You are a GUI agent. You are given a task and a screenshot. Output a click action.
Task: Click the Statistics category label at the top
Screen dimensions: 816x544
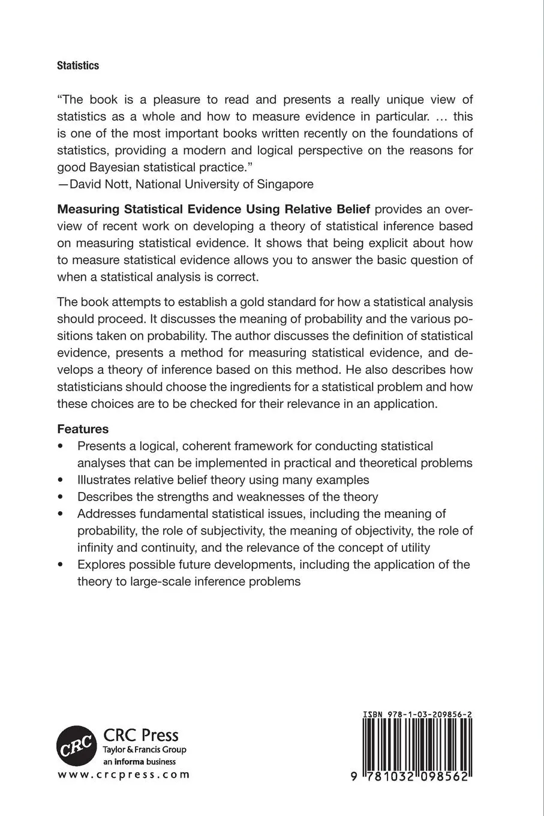[x=78, y=66]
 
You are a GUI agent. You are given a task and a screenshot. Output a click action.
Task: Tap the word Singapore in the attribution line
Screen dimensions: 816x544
[x=285, y=184]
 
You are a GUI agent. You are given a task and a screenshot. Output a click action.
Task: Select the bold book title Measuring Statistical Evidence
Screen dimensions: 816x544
[x=150, y=209]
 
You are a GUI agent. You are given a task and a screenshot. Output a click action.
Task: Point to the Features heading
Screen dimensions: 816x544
[x=83, y=429]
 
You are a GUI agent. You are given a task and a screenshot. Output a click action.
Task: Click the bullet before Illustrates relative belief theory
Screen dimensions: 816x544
[x=61, y=480]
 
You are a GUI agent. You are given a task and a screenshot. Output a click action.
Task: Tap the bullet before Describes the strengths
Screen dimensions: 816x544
[x=61, y=497]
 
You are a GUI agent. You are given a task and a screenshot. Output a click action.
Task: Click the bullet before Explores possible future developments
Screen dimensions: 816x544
[x=61, y=565]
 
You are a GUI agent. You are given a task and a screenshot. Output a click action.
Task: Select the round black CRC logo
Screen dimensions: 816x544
[x=77, y=745]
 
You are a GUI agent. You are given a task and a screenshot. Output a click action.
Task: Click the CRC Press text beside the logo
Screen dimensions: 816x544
[x=141, y=735]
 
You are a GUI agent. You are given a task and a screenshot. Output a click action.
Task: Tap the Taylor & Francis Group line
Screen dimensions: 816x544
[x=145, y=749]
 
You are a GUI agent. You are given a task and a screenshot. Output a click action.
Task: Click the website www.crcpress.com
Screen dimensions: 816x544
[x=124, y=775]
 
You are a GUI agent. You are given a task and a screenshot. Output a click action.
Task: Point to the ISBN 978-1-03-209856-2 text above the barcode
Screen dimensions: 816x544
[x=416, y=715]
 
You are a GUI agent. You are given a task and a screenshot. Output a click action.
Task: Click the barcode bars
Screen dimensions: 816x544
[x=416, y=744]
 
